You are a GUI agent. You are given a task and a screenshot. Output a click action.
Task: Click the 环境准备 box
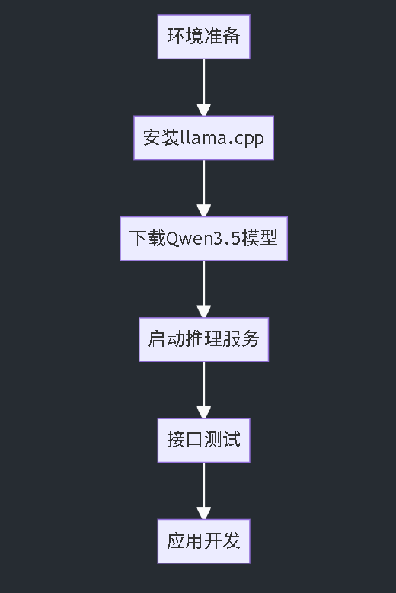pos(203,37)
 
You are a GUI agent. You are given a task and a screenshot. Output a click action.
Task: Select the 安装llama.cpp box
pos(203,138)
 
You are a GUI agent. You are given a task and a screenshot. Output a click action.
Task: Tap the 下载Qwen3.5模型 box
pos(203,239)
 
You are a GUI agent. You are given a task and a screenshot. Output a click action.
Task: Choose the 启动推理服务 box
pos(203,339)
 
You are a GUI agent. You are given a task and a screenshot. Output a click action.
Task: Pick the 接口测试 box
pos(203,440)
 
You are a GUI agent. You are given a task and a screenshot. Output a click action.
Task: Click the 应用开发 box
pos(203,541)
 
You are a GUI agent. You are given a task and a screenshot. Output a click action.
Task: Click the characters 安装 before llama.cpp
pos(161,138)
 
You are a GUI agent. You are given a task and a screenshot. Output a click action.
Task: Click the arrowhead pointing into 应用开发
pos(203,512)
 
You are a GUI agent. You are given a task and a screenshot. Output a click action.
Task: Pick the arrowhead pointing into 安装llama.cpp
pos(203,109)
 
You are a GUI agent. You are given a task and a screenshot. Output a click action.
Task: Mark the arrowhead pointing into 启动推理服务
pos(203,311)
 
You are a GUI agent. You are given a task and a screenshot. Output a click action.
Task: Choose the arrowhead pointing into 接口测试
pos(203,412)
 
